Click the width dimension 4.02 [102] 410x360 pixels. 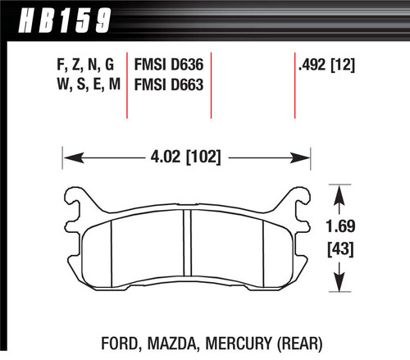tap(188, 153)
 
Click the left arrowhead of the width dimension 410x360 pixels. tap(68, 154)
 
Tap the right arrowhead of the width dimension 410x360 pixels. tap(308, 154)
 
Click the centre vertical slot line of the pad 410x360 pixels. tap(189, 250)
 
